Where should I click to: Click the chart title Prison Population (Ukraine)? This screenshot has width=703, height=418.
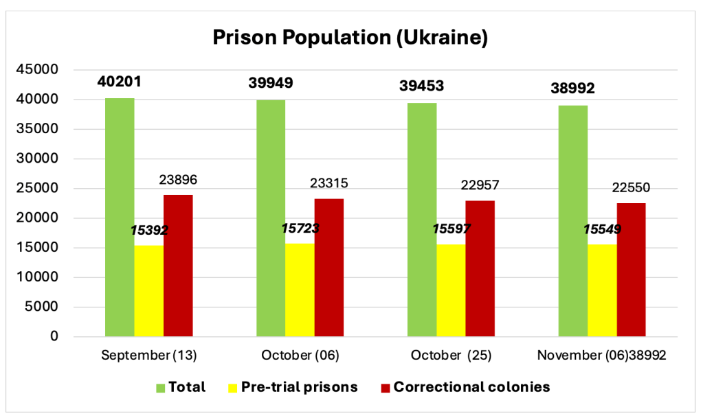[350, 37]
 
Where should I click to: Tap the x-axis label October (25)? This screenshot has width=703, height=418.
[447, 356]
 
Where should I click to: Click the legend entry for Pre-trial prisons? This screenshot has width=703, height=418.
[310, 387]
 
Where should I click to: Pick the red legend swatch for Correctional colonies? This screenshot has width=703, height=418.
[385, 388]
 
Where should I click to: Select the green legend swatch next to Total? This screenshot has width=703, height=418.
[160, 388]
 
